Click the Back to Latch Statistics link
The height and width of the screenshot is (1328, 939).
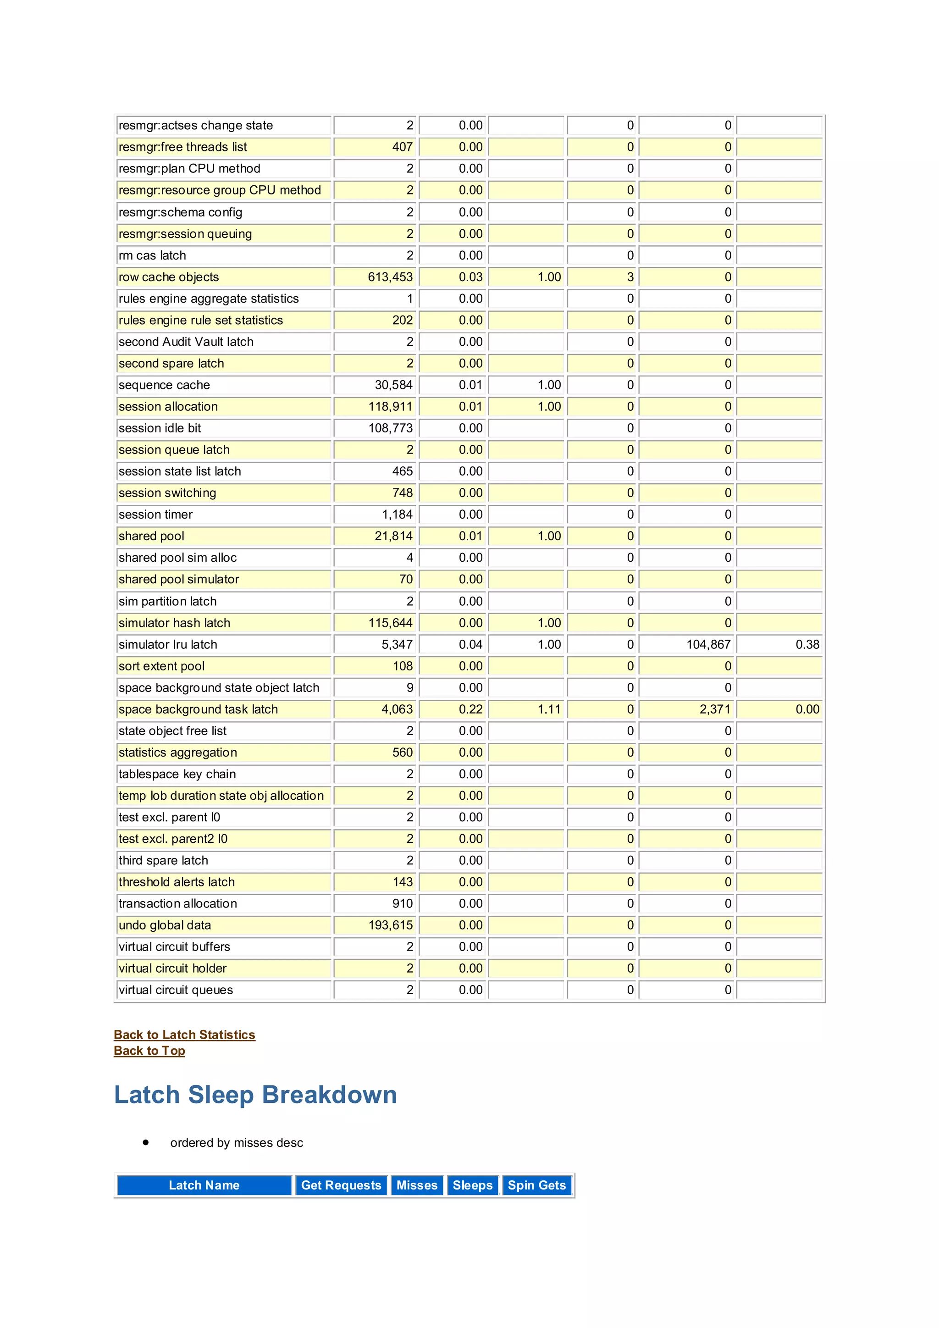184,1035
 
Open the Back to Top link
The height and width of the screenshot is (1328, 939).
149,1051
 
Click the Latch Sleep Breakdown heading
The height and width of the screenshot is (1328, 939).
255,1095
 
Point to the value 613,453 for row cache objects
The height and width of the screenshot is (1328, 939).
390,277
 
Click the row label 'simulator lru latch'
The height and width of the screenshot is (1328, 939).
168,644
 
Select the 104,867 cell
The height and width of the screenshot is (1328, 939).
708,644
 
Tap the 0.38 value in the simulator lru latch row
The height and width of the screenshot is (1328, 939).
807,644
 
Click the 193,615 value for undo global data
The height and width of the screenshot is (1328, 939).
390,925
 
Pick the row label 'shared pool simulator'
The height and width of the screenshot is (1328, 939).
179,579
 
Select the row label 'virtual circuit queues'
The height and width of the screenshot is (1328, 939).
176,990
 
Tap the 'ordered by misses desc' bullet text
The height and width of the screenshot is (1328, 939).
237,1142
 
